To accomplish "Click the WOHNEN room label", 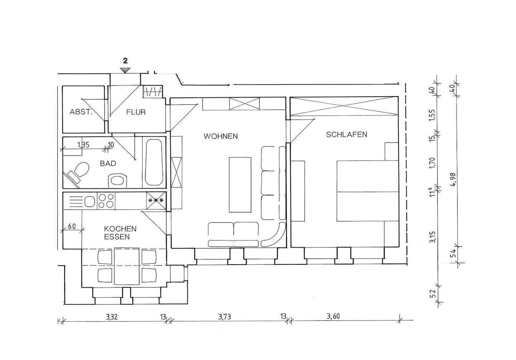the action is (x=220, y=136).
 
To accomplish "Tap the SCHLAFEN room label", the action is (x=347, y=135).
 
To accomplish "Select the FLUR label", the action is (x=136, y=112).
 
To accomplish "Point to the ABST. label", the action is (x=81, y=112).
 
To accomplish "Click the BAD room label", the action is (x=108, y=164).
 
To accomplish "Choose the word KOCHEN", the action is (x=120, y=229).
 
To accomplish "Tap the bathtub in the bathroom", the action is (x=154, y=162).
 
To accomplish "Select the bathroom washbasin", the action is (x=118, y=181).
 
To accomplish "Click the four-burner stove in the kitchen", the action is (x=106, y=201).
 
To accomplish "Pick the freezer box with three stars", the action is (x=156, y=201).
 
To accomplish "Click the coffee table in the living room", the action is (x=240, y=185).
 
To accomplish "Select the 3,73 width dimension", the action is (x=225, y=317).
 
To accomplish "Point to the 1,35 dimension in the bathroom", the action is (x=83, y=145).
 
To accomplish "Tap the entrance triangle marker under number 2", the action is (x=125, y=70).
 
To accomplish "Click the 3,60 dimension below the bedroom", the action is (x=333, y=316).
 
